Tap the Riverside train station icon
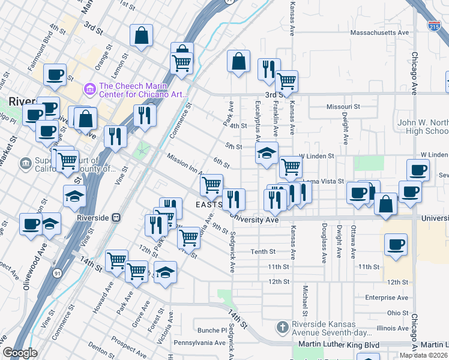coord(117,218)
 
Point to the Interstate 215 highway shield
coord(434,26)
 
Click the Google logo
coord(20,353)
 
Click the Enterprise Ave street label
coord(387,298)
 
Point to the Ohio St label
coord(397,313)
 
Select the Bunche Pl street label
coord(209,330)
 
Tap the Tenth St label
coord(263,252)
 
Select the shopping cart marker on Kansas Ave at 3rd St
coord(286,80)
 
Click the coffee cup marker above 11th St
coord(396,244)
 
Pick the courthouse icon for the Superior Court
coord(25,162)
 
